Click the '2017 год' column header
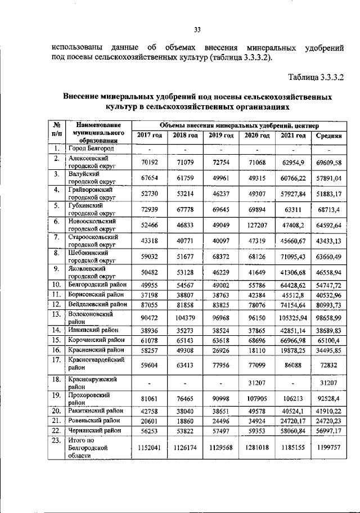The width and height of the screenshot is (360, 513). pos(149,136)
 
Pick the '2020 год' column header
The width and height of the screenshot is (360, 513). pos(256,136)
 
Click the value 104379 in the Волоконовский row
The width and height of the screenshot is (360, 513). pos(185,318)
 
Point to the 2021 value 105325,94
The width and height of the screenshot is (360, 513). pos(293,318)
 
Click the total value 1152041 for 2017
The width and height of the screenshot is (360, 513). pos(149,448)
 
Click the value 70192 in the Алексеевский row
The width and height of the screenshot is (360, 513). pos(149,163)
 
